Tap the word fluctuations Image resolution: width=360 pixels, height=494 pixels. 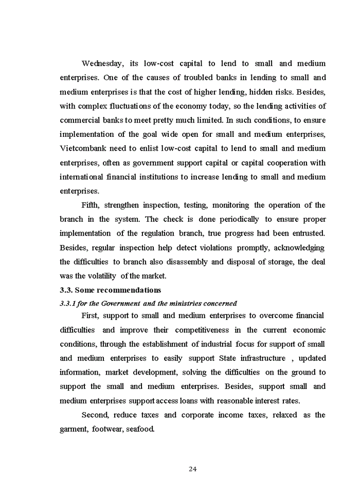coord(125,106)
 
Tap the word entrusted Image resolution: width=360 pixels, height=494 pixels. coord(307,234)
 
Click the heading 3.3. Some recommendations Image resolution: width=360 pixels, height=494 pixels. coord(111,290)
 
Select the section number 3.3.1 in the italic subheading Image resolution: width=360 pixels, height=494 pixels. coord(68,303)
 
